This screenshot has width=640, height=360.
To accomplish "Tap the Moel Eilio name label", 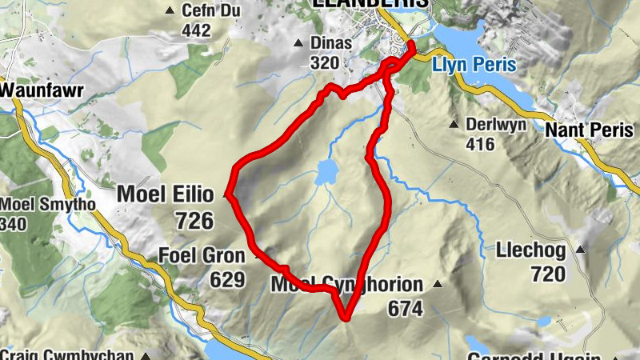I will (x=165, y=194).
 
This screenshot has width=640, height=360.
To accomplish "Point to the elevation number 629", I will (x=226, y=279).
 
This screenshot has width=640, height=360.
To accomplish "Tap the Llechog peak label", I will (x=530, y=251).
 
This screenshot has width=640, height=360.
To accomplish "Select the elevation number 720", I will (x=546, y=274).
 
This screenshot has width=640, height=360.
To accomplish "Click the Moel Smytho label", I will (x=48, y=205).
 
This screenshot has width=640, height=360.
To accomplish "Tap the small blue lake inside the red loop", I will (x=326, y=170).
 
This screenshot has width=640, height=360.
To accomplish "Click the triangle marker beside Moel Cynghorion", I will (x=437, y=284).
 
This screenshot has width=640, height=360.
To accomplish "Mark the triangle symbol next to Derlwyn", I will (x=453, y=124).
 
